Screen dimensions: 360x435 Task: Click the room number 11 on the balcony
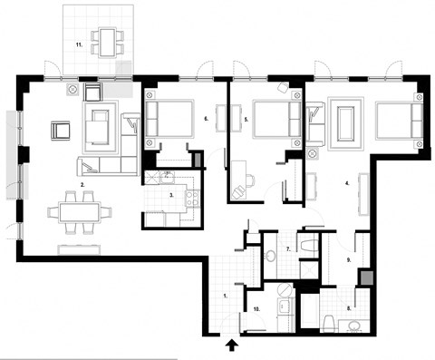(80, 44)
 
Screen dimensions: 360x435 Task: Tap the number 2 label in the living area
(82, 185)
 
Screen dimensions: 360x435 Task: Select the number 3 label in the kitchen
(171, 195)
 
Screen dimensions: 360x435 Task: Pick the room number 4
(347, 184)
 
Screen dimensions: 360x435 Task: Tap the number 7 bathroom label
(287, 248)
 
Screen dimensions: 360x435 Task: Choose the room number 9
(348, 259)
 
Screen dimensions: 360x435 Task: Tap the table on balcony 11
(110, 41)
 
